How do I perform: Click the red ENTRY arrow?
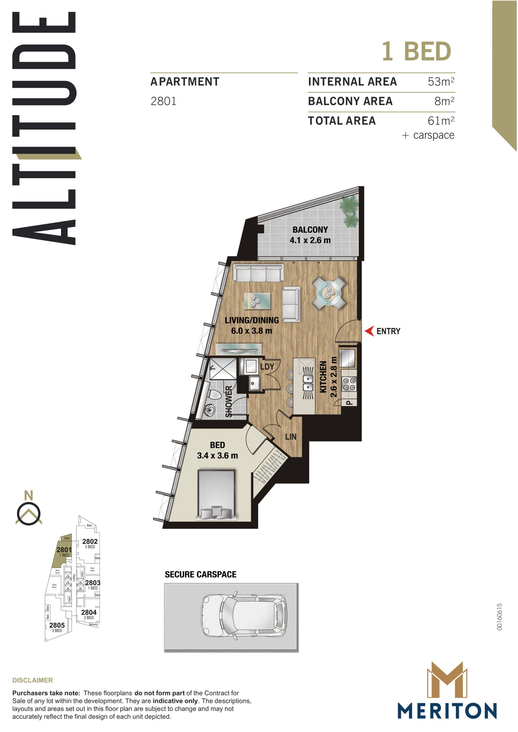coord(369,331)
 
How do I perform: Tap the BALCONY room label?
coord(310,230)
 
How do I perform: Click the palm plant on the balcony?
coord(350,210)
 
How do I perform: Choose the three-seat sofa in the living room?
coord(258,273)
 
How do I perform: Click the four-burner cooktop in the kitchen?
coord(349,384)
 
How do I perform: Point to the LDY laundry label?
coord(267,367)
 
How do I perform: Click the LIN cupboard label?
coord(290,436)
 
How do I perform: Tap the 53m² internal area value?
coord(441,81)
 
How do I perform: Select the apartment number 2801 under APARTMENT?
coord(163,102)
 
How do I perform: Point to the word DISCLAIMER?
coord(33,680)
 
